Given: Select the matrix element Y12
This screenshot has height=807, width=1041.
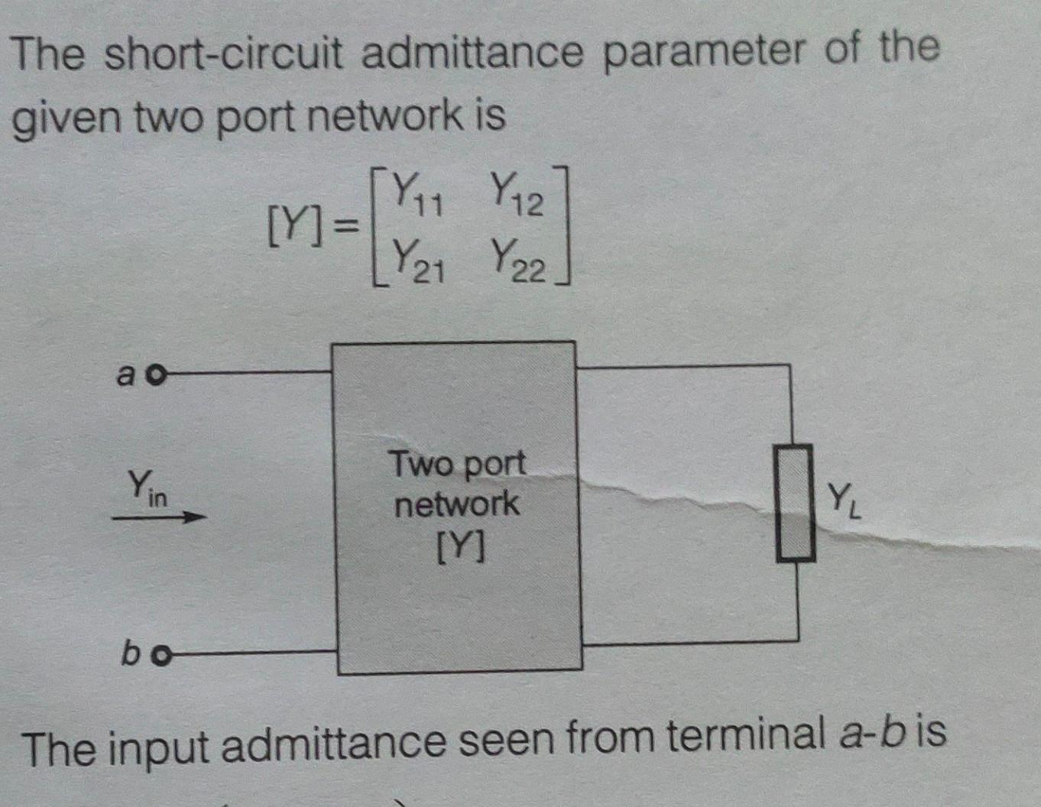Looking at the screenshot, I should click(x=516, y=194).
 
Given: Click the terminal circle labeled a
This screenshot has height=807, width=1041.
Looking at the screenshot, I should click(x=156, y=375).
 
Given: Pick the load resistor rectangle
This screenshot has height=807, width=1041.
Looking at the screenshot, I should click(x=795, y=504).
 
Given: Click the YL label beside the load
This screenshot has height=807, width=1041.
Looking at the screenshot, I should click(x=844, y=501).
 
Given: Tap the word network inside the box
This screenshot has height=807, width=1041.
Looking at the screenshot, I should click(x=456, y=504).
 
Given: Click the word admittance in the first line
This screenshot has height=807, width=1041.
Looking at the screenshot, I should click(x=472, y=54).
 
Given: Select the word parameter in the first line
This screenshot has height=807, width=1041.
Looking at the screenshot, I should click(x=704, y=52).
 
